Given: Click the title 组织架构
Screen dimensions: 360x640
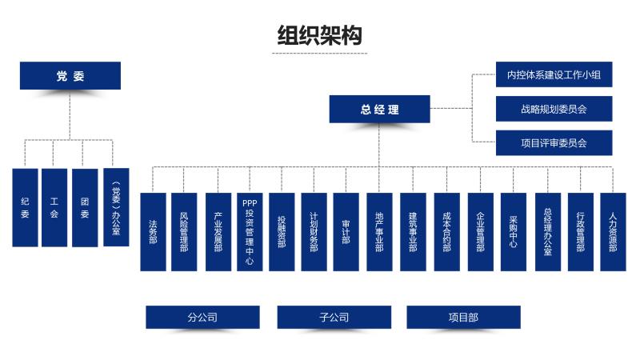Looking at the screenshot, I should click(319, 35).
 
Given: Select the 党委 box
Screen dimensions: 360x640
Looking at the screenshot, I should click(70, 76).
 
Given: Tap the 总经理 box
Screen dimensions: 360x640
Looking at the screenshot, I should click(379, 110).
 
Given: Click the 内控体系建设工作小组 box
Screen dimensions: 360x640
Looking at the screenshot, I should click(554, 76).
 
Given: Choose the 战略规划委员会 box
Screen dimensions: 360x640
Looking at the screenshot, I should click(554, 109).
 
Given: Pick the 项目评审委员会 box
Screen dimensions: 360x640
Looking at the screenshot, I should click(554, 142).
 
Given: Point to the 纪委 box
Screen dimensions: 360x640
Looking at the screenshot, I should click(25, 207).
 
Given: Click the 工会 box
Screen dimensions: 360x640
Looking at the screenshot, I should click(54, 207).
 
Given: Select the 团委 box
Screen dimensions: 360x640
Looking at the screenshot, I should click(85, 207).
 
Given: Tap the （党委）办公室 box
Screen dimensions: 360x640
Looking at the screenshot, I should click(116, 207).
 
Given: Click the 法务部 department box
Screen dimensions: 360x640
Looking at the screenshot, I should click(153, 232).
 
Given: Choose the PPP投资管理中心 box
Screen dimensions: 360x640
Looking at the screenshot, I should click(250, 232).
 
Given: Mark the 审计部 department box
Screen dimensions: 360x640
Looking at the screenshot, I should click(346, 232).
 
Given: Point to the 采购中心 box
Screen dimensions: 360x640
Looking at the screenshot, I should click(514, 232).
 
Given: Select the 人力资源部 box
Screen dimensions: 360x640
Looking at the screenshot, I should click(613, 232).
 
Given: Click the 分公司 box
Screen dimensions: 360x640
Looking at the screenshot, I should click(202, 318).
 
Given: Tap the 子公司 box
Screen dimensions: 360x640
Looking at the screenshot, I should click(334, 318).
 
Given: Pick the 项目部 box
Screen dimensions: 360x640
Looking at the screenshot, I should click(463, 318).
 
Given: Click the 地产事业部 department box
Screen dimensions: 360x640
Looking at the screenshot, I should click(379, 232).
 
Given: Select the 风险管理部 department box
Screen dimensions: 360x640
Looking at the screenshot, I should click(184, 232).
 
